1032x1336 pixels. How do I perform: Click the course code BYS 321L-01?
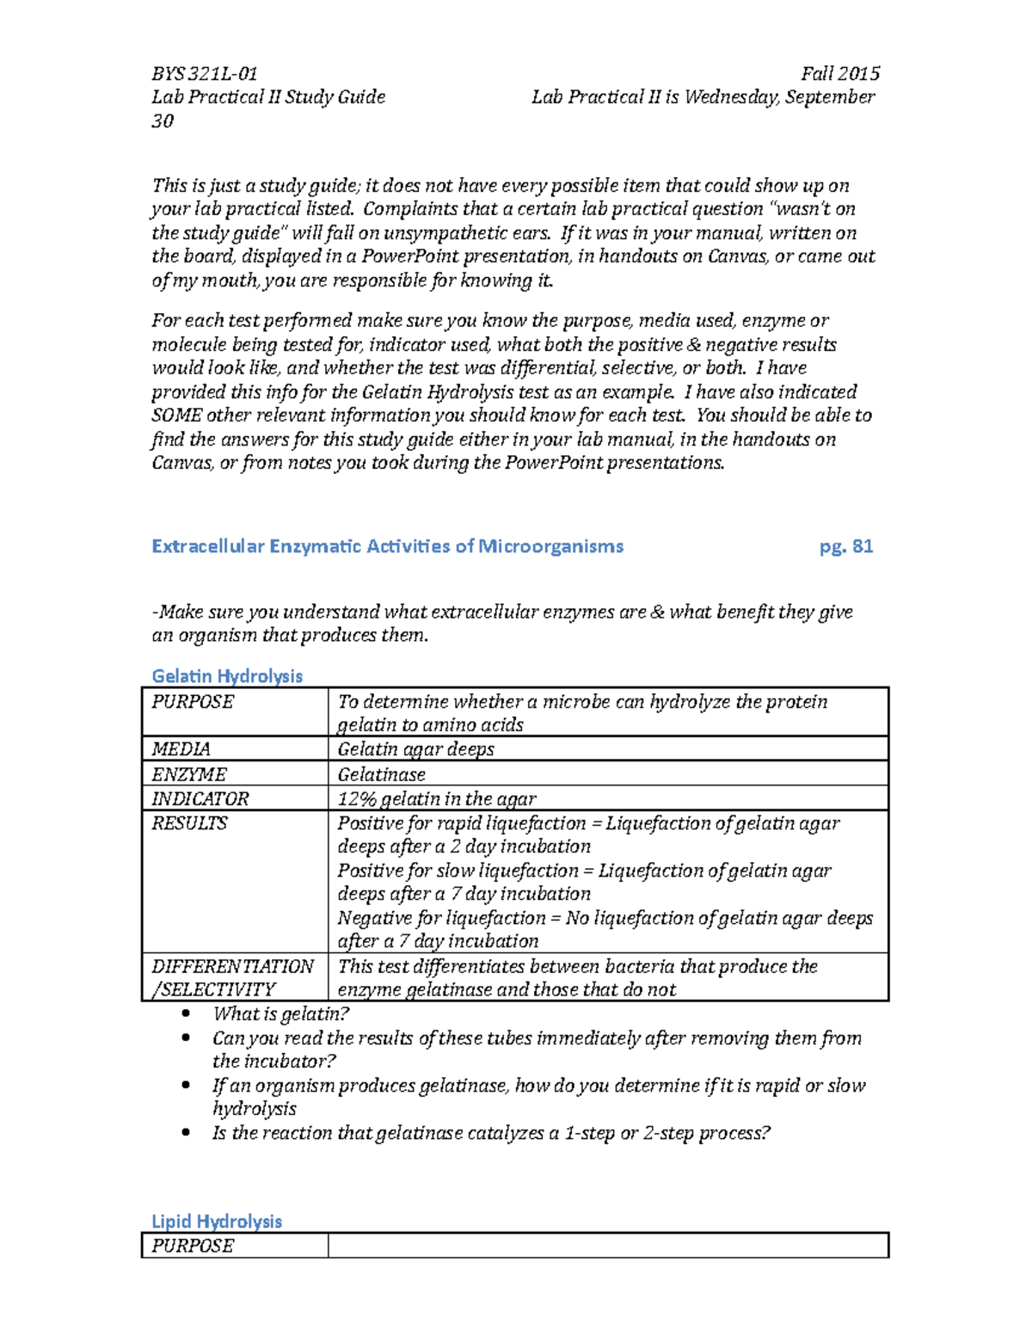pyautogui.click(x=204, y=74)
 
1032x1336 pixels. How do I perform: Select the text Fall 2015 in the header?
pyautogui.click(x=839, y=74)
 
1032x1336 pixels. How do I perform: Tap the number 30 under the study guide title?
pyautogui.click(x=163, y=121)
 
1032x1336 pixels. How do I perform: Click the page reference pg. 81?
pyautogui.click(x=846, y=546)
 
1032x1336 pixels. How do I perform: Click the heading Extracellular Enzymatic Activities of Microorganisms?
pyautogui.click(x=387, y=546)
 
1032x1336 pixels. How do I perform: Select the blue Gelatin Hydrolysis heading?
pyautogui.click(x=227, y=676)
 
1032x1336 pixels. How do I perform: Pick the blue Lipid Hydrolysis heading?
pyautogui.click(x=217, y=1222)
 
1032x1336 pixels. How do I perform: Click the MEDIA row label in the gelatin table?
pyautogui.click(x=181, y=749)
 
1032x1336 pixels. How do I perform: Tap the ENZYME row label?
pyautogui.click(x=189, y=774)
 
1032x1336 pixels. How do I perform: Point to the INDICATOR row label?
pyautogui.click(x=200, y=799)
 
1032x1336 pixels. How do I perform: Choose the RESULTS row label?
pyautogui.click(x=190, y=824)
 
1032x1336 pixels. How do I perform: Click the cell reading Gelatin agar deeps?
pyautogui.click(x=415, y=749)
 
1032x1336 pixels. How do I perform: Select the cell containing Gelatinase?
pyautogui.click(x=381, y=774)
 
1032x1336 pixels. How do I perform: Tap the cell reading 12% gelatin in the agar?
pyautogui.click(x=437, y=799)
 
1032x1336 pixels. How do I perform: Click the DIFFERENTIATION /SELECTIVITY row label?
pyautogui.click(x=232, y=978)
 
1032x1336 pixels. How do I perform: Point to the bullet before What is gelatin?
pyautogui.click(x=186, y=1013)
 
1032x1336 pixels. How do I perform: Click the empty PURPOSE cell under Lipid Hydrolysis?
pyautogui.click(x=607, y=1246)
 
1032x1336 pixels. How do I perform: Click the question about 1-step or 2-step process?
pyautogui.click(x=491, y=1133)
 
